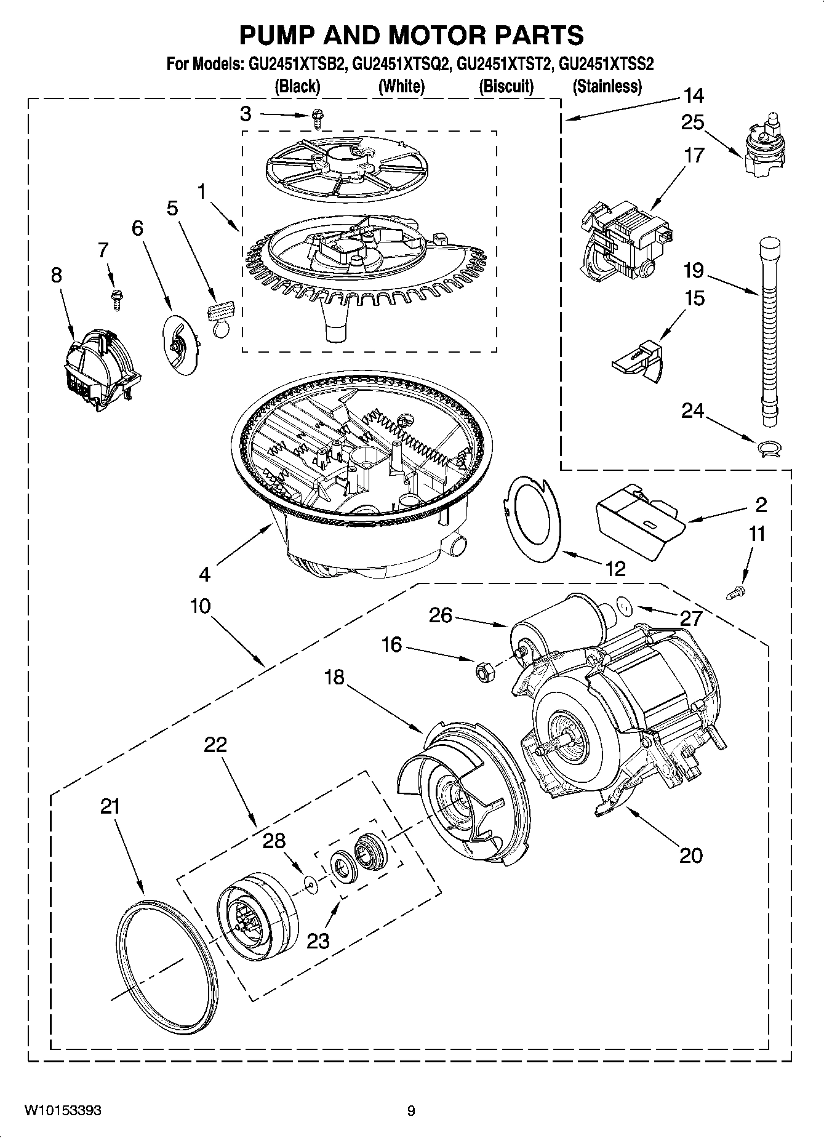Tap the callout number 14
[x=692, y=95]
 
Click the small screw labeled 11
[x=735, y=593]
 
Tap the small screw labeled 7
[x=114, y=297]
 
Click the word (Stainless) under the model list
[x=607, y=87]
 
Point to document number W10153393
[x=63, y=1111]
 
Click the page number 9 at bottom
[x=411, y=1111]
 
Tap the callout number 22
[x=215, y=745]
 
